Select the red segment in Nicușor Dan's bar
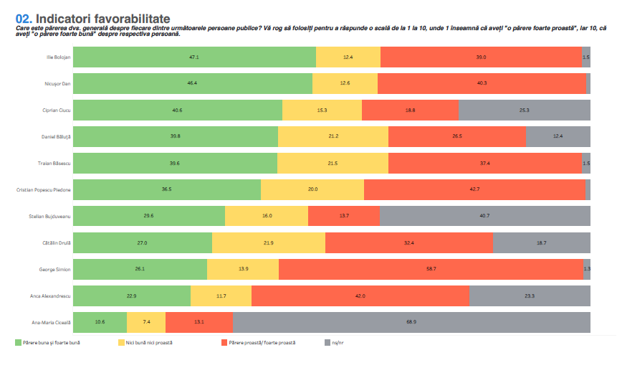[482, 83]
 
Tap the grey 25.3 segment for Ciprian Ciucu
[524, 110]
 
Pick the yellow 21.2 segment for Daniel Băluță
[333, 136]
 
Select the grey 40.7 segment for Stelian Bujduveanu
[484, 216]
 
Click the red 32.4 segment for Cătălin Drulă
[408, 242]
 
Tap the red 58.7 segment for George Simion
[431, 269]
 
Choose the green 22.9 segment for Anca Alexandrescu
[132, 296]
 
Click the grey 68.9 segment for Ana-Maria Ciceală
[411, 322]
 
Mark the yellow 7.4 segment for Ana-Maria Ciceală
[146, 322]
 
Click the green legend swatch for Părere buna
[19, 343]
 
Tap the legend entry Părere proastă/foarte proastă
[262, 343]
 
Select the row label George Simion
[54, 269]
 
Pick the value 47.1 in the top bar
[194, 57]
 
